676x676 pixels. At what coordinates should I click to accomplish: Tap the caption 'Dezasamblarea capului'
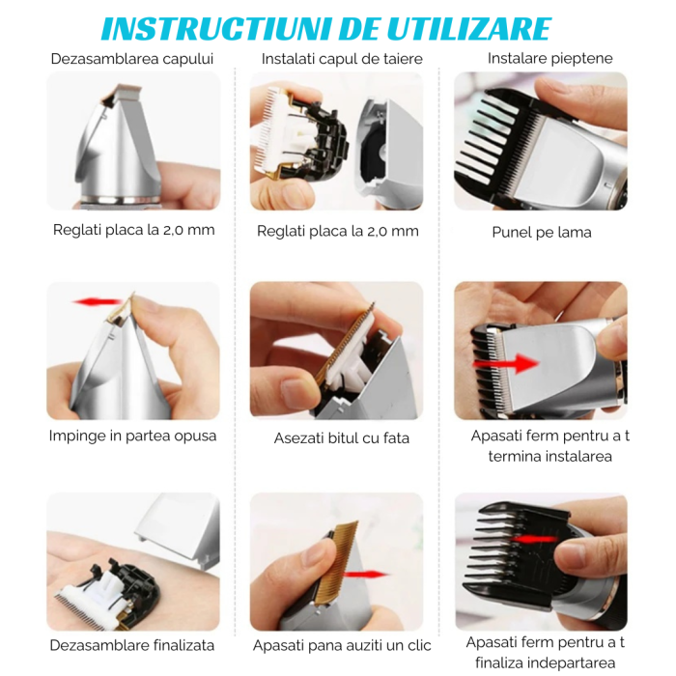[132, 59]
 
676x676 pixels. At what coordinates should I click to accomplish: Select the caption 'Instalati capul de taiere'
[342, 59]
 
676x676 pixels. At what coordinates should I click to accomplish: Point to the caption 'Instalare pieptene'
[549, 58]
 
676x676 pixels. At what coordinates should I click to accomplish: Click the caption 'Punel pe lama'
[541, 232]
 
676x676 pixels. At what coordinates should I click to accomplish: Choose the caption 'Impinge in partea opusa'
[133, 436]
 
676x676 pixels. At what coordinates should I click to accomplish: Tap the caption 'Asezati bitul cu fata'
[342, 437]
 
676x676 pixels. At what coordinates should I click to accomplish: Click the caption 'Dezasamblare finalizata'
[132, 645]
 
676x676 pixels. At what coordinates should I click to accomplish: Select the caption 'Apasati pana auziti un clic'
[342, 645]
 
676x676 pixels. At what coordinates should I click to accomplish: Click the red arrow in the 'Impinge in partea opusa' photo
[96, 302]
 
